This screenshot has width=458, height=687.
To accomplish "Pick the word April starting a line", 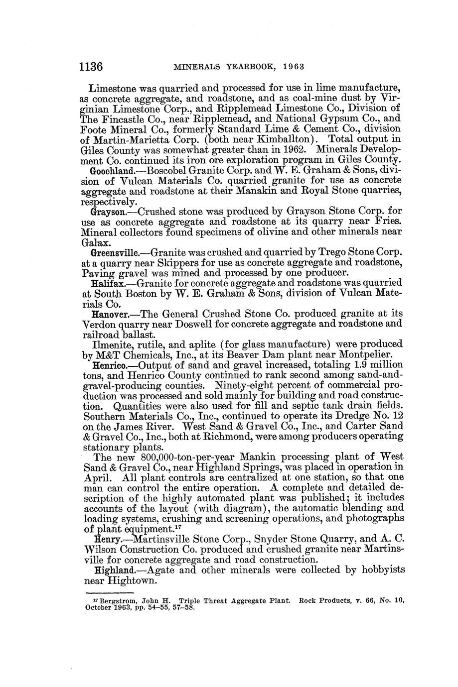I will coord(95,477).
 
